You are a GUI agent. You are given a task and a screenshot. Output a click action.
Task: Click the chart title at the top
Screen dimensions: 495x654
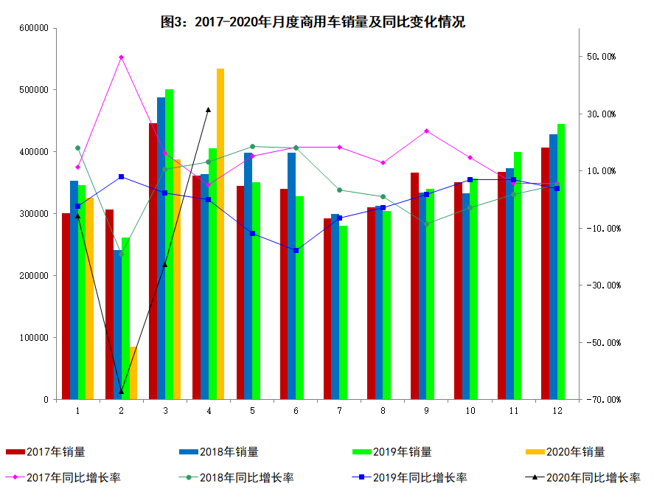313,22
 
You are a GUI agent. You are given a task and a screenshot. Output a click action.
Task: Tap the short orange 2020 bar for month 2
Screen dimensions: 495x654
133,373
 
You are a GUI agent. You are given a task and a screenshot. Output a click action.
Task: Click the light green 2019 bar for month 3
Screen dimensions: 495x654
169,244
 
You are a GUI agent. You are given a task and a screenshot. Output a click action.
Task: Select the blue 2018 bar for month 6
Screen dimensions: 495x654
292,276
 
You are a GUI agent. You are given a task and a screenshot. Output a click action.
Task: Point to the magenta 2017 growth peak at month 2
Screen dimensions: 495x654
121,57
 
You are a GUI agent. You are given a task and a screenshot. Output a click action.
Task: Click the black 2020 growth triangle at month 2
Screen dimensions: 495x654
121,391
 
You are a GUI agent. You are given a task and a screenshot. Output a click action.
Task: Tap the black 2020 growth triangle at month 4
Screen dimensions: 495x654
209,109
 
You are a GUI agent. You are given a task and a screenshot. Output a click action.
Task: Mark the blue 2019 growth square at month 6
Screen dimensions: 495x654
296,251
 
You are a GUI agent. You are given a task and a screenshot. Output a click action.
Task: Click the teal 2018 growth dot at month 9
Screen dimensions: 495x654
427,224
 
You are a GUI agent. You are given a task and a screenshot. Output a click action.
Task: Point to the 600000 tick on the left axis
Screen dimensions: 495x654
34,28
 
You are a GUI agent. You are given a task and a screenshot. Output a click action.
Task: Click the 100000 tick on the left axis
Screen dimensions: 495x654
34,338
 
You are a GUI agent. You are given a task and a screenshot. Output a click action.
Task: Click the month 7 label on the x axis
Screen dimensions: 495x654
340,410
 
